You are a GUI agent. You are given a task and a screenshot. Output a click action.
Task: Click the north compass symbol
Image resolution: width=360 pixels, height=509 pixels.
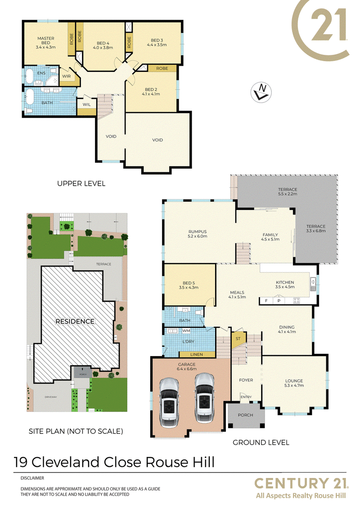pyautogui.click(x=261, y=92)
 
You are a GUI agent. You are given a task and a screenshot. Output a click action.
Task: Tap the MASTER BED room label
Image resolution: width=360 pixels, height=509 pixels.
pyautogui.click(x=46, y=40)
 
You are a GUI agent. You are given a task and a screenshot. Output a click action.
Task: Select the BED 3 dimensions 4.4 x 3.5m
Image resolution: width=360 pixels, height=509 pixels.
pyautogui.click(x=157, y=45)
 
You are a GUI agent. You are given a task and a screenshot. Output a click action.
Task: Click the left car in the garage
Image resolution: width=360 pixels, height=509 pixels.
pyautogui.click(x=169, y=402)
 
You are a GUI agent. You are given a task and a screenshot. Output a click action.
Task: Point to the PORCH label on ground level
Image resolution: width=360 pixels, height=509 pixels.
pyautogui.click(x=245, y=415)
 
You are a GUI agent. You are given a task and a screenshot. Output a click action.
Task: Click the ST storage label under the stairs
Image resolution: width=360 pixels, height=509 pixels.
pyautogui.click(x=238, y=339)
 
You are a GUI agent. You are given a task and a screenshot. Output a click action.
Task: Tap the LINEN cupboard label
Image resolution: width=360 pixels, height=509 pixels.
pyautogui.click(x=197, y=354)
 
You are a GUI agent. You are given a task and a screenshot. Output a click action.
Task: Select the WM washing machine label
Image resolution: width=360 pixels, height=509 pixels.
pyautogui.click(x=186, y=331)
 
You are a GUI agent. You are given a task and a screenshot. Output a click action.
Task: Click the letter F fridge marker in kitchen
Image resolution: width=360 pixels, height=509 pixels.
pyautogui.click(x=266, y=301)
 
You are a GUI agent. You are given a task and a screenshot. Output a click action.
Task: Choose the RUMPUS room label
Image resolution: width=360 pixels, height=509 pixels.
pyautogui.click(x=198, y=232)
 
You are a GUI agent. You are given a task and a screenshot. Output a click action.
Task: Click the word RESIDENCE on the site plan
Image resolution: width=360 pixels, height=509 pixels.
pyautogui.click(x=75, y=321)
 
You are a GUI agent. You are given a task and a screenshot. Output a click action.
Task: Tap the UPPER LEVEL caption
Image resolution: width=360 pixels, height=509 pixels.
pyautogui.click(x=81, y=183)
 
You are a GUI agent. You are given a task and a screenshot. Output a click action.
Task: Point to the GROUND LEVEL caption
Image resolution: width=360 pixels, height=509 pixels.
pyautogui.click(x=261, y=442)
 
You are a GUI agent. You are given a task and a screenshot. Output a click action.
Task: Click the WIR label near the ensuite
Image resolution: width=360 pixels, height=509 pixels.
pyautogui.click(x=66, y=76)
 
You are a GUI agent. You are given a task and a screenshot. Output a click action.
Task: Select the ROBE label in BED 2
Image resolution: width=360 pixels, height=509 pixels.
pyautogui.click(x=162, y=68)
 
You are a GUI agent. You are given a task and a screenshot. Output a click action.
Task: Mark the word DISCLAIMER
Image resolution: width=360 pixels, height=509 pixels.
pyautogui.click(x=32, y=478)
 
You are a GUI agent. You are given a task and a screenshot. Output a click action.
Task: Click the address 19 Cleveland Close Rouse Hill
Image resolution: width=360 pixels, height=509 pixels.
pyautogui.click(x=114, y=462)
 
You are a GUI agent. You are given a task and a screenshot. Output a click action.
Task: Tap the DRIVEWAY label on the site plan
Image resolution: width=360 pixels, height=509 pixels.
pyautogui.click(x=51, y=397)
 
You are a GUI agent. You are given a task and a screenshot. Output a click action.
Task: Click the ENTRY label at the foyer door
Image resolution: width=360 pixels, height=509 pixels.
pyautogui.click(x=246, y=397)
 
